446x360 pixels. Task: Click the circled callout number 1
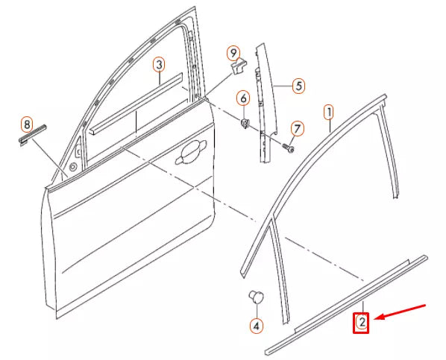(328, 113)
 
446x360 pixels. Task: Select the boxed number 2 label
(361, 323)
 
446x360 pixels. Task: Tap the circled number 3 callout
(159, 65)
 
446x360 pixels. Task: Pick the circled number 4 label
(256, 326)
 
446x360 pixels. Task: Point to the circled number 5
(298, 86)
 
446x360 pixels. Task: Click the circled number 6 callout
(243, 98)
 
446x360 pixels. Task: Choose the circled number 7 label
(296, 130)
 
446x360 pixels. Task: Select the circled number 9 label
(233, 52)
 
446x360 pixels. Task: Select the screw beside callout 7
(286, 148)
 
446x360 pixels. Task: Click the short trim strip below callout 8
(33, 135)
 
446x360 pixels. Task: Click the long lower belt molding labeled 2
(347, 305)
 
